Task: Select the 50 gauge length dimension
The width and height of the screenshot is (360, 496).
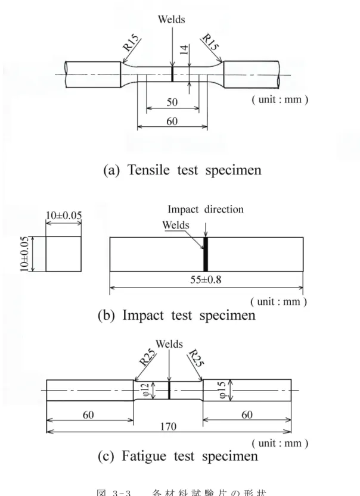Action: pos(172,102)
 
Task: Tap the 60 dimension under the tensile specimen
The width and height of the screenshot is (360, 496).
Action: pos(172,121)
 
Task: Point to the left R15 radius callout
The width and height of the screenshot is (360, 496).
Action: pos(131,43)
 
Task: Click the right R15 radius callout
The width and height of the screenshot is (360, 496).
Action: pos(210,42)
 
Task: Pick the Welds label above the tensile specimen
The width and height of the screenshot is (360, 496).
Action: pos(171,19)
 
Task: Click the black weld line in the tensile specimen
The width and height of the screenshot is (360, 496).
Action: pos(172,74)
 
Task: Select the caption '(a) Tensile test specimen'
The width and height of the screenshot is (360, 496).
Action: pos(182,170)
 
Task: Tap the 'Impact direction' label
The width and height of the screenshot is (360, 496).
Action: pos(206,209)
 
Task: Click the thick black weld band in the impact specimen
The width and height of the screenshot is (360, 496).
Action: pos(206,254)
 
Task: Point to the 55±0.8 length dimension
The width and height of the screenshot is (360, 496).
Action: pos(206,280)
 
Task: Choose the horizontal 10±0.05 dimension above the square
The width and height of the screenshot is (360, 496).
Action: pos(64,216)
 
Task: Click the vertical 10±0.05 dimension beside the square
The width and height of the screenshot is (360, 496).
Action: pos(24,254)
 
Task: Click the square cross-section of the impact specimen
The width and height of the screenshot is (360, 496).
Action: pos(64,254)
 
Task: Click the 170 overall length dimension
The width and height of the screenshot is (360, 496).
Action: pos(168,426)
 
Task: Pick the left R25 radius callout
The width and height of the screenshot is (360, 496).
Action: pos(147,357)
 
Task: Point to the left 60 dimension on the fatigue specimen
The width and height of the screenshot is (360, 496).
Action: pos(88,414)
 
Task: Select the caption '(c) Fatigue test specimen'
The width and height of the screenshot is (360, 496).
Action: pos(178,456)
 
